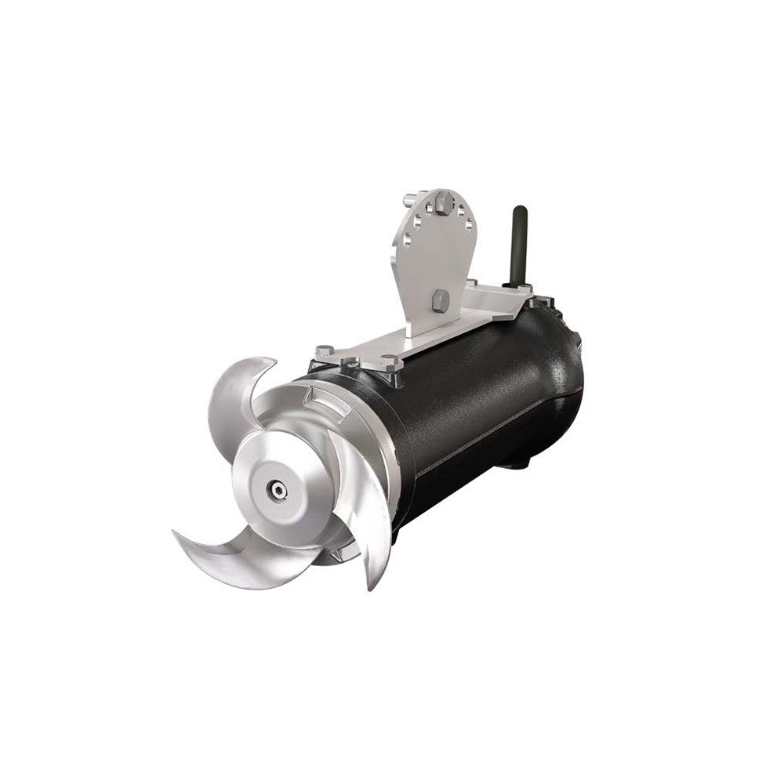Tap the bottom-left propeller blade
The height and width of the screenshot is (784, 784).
[x=235, y=557]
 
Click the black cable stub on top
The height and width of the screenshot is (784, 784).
[x=517, y=243]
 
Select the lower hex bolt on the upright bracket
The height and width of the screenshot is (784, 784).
[x=441, y=299]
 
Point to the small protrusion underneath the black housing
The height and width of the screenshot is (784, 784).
[x=514, y=463]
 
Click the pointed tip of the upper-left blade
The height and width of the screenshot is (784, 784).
[x=270, y=361]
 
